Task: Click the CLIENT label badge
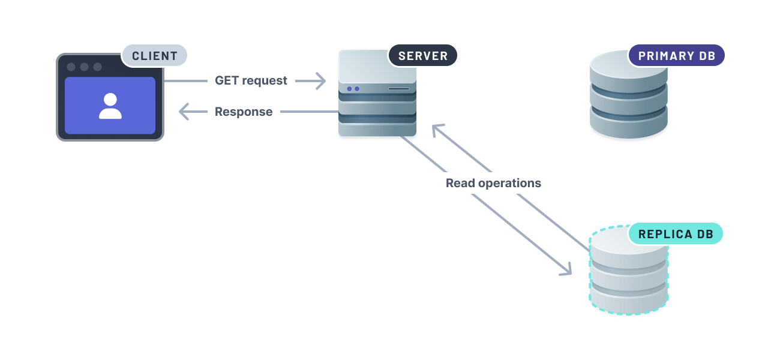pos(154,56)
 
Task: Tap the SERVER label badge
pos(423,56)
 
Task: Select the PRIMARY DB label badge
pos(676,56)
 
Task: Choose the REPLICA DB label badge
pos(676,234)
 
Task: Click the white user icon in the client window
pos(110,106)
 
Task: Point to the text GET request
pos(251,80)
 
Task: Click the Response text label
pos(244,112)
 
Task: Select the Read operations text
pos(493,183)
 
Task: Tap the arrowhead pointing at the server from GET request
pos(320,80)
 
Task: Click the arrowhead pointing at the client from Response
pos(185,112)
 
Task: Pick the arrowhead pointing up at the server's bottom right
pos(437,129)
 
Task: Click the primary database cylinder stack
pos(628,96)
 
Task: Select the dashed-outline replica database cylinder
pos(628,273)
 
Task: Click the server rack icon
pos(377,93)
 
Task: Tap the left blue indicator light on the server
pos(349,89)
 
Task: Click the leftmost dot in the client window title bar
pos(71,67)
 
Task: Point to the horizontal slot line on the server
pos(398,89)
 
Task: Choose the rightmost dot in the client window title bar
pos(98,67)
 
